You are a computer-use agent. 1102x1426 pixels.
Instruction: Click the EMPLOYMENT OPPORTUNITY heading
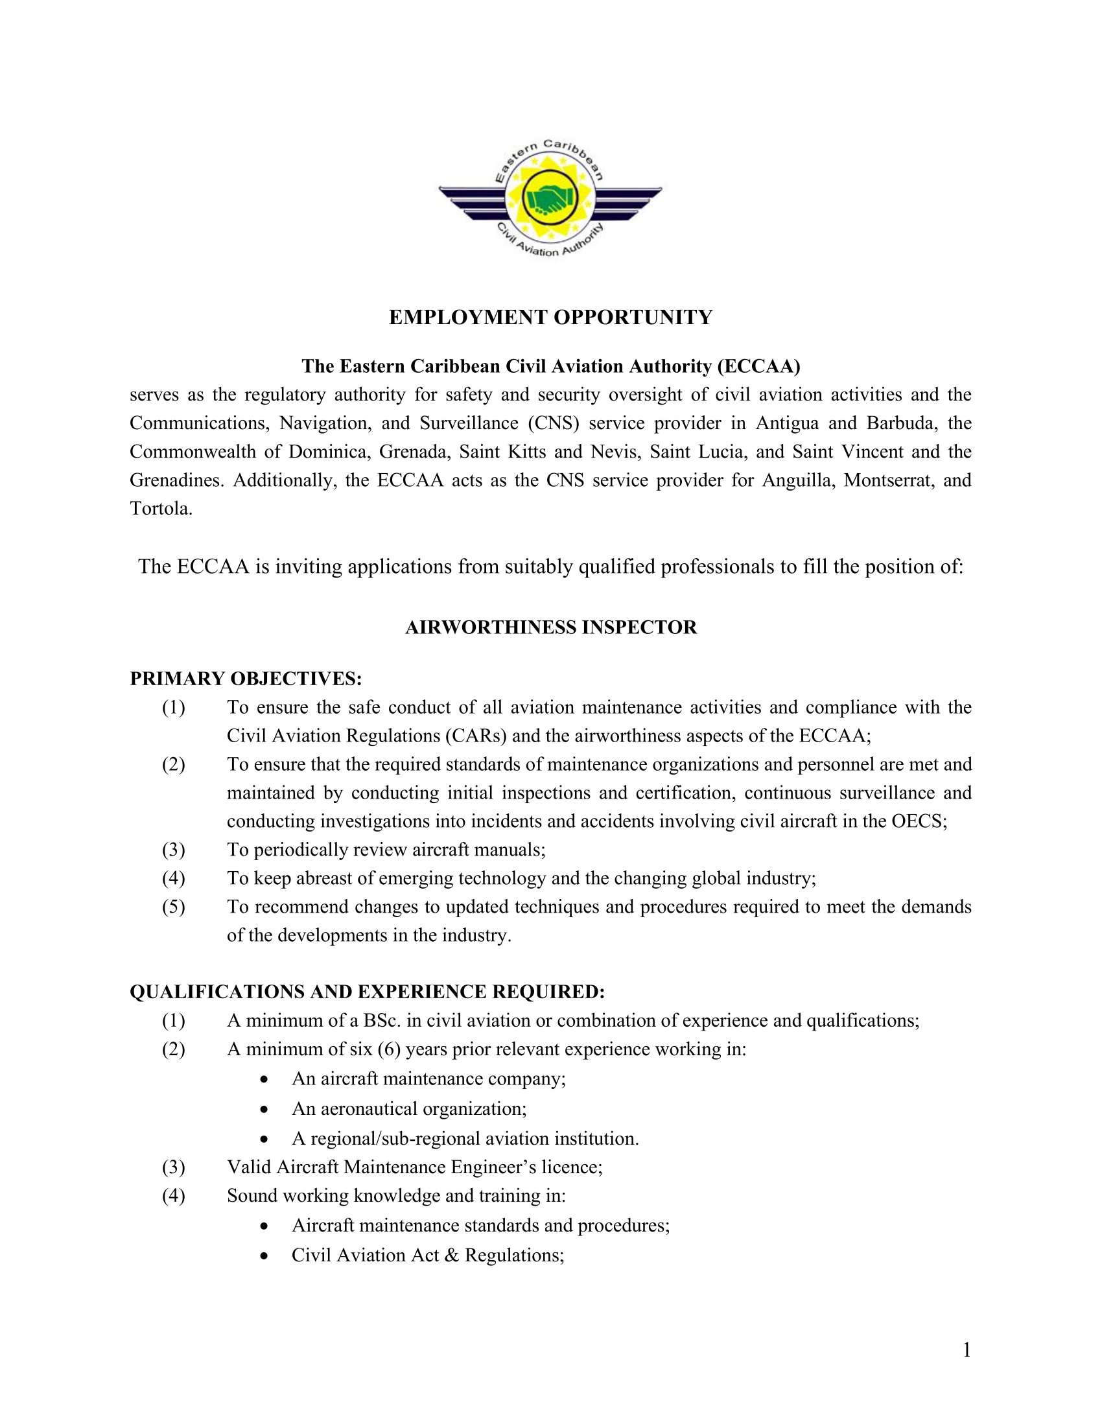(550, 318)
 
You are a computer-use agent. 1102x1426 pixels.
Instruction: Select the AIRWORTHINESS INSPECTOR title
(550, 627)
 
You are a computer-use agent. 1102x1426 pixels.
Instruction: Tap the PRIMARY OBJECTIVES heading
(246, 679)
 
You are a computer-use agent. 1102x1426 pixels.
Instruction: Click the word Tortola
(161, 509)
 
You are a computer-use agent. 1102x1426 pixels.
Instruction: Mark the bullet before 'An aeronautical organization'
(263, 1109)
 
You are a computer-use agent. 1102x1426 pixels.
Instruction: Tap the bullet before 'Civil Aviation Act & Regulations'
(263, 1256)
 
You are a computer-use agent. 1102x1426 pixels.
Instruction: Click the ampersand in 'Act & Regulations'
(451, 1255)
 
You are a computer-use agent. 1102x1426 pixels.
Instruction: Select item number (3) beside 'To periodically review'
(174, 850)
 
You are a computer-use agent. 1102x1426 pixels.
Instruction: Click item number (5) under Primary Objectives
(174, 907)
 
